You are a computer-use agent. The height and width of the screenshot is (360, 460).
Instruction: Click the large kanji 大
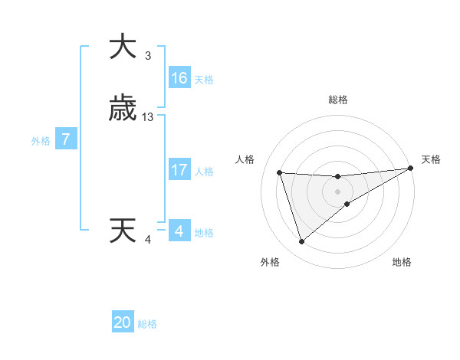pos(123,47)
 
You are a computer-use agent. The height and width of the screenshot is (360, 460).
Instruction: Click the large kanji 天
pos(123,231)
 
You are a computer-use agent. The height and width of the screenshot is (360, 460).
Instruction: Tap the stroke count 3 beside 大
pos(148,56)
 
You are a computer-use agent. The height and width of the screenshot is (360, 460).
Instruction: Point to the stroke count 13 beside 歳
pos(148,117)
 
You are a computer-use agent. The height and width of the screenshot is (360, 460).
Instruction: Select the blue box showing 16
pos(179,78)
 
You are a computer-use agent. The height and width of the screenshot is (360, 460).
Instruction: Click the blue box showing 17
pos(179,170)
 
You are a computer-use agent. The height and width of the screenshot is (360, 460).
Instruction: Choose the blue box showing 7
pos(67,139)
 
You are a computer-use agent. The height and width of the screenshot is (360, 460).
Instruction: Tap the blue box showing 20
pos(123,322)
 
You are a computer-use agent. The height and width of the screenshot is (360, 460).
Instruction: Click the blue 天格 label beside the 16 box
pos(204,80)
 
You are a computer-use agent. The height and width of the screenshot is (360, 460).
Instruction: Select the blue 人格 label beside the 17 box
pos(204,172)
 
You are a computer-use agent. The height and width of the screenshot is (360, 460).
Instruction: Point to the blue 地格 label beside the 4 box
pos(204,233)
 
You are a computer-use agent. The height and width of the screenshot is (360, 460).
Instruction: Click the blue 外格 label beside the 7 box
pos(41,141)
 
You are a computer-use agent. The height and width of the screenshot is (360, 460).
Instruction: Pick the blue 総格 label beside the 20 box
pos(147,324)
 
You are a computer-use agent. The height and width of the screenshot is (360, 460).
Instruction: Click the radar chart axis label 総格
pos(337,100)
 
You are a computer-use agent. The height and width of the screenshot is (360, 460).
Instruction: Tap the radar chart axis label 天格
pos(431,159)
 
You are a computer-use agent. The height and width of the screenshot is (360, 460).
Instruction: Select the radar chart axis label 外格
pos(269,262)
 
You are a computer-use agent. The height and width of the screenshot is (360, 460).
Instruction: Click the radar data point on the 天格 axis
pos(410,169)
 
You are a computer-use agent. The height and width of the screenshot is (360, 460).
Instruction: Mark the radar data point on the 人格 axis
pos(280,173)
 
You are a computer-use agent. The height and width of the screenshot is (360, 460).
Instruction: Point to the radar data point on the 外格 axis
pos(301,242)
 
